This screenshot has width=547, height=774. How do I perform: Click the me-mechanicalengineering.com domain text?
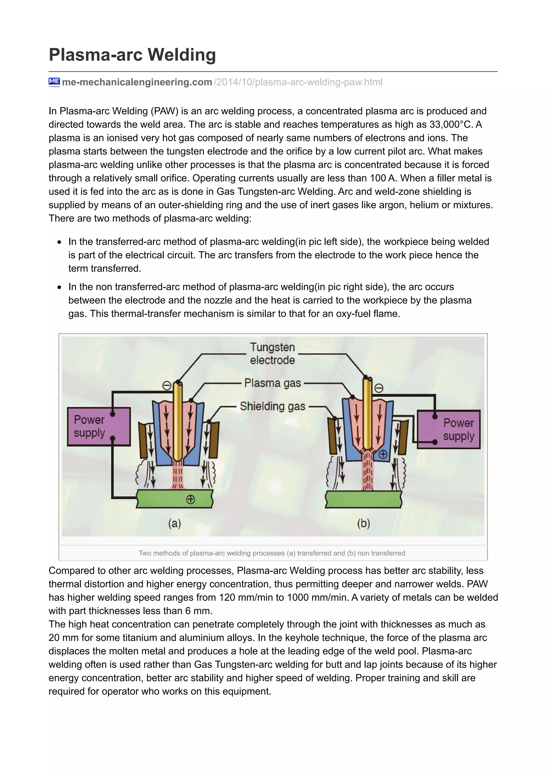click(x=137, y=82)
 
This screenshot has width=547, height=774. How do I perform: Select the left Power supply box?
click(x=99, y=427)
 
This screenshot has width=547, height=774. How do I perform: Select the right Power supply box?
click(x=449, y=429)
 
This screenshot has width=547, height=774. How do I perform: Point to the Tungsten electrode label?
click(x=272, y=353)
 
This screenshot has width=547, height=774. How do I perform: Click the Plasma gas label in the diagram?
click(x=272, y=383)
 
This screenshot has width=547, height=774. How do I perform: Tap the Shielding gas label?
click(x=272, y=406)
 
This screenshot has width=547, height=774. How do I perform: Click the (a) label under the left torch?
click(x=175, y=523)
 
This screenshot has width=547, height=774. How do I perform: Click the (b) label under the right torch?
click(x=363, y=523)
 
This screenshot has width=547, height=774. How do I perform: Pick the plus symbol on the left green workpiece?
click(x=190, y=499)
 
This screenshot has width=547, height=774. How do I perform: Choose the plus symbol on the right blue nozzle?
click(x=383, y=454)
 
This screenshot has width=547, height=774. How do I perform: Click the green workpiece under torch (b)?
click(x=363, y=499)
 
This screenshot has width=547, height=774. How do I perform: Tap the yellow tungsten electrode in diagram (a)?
click(x=178, y=421)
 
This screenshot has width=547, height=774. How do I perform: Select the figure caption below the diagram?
click(x=272, y=553)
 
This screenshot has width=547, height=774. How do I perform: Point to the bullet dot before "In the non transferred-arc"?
click(x=59, y=287)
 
